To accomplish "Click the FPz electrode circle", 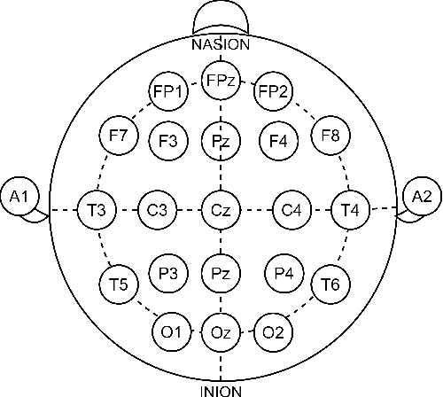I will pyautogui.click(x=219, y=80).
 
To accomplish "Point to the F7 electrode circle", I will pyautogui.click(x=119, y=136).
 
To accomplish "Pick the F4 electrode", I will pyautogui.click(x=277, y=139).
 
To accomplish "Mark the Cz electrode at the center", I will pyautogui.click(x=219, y=210).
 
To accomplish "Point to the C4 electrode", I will pyautogui.click(x=290, y=210).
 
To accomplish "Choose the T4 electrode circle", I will pyautogui.click(x=348, y=210).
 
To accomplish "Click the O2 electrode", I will pyautogui.click(x=272, y=332).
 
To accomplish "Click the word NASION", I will pyautogui.click(x=220, y=43).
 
